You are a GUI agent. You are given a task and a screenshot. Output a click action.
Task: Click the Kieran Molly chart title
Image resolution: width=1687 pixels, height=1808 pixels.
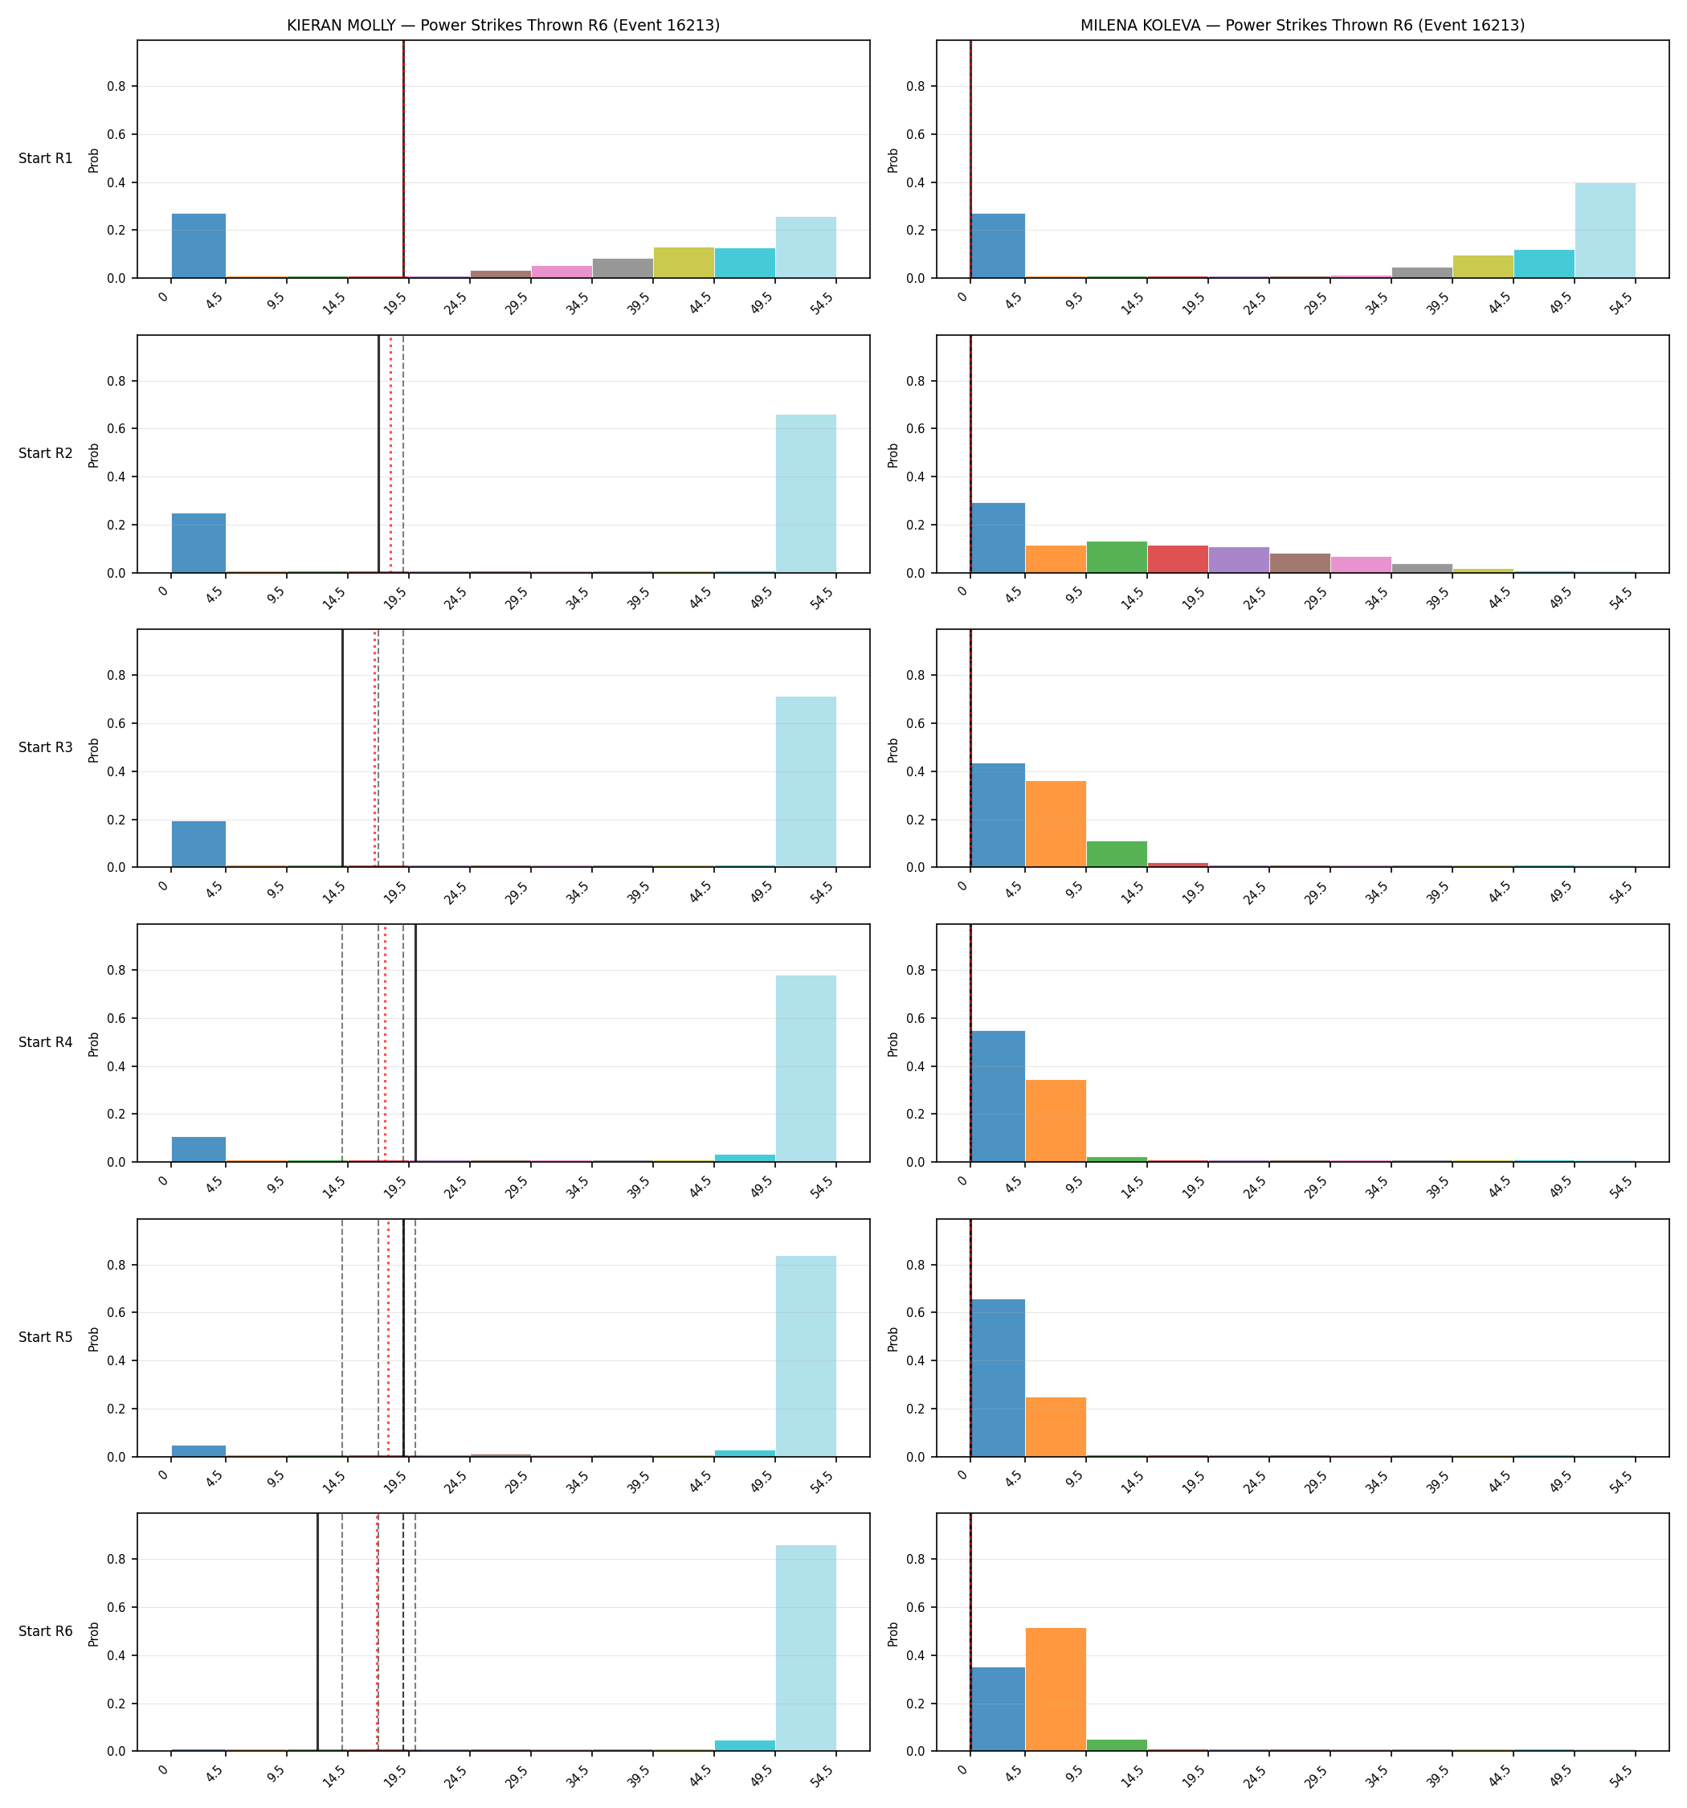click(x=503, y=26)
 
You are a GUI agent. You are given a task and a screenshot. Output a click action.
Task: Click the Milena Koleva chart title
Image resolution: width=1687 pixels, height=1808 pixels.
click(x=1302, y=26)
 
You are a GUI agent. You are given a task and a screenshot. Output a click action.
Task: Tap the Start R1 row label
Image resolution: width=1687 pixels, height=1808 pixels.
click(x=46, y=158)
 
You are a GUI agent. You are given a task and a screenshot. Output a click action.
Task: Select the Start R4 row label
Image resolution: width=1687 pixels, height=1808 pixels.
click(x=46, y=1042)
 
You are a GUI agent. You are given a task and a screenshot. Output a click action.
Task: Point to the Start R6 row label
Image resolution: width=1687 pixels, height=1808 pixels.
click(x=46, y=1631)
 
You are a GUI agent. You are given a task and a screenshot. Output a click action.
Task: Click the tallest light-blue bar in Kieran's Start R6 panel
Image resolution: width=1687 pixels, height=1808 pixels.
click(x=806, y=1648)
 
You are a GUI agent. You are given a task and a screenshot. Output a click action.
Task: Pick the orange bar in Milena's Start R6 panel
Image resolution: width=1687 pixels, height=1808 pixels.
click(x=1056, y=1689)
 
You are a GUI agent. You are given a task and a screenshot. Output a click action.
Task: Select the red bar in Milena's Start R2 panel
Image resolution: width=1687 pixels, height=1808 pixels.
click(x=1178, y=559)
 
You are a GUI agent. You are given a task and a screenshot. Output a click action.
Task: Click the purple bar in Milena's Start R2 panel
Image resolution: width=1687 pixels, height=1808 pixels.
click(x=1239, y=560)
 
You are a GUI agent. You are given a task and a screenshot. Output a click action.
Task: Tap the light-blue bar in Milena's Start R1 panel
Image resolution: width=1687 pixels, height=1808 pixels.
click(x=1605, y=230)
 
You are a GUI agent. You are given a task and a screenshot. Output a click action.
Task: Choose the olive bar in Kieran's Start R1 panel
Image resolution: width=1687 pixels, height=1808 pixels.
click(x=684, y=263)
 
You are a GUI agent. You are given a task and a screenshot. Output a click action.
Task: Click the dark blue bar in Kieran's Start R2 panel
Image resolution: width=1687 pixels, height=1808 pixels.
click(x=199, y=543)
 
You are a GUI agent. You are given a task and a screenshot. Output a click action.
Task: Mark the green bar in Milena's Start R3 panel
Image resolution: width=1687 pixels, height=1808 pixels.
click(x=1117, y=854)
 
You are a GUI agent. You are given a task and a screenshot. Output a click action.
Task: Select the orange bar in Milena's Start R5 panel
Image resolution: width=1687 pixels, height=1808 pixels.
click(x=1056, y=1427)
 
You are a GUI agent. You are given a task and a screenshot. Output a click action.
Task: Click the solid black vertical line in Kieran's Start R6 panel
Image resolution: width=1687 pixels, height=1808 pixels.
click(x=317, y=1631)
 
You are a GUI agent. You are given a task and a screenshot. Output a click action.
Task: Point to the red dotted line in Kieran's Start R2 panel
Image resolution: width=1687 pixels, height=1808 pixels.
click(x=391, y=454)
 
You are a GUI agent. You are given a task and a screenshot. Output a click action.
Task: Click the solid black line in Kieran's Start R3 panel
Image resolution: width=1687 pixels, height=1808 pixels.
click(x=342, y=747)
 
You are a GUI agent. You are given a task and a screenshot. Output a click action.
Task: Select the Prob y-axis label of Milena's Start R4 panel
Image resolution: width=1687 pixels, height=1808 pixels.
click(x=893, y=1044)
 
